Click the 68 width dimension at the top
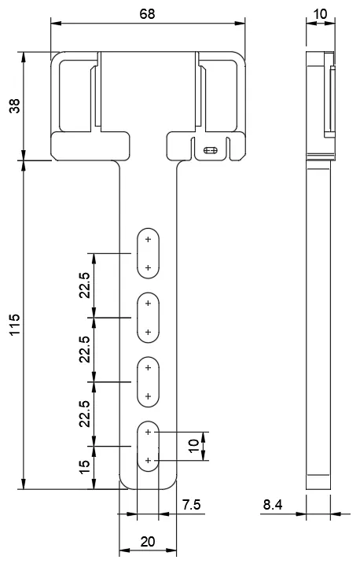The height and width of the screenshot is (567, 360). click(147, 14)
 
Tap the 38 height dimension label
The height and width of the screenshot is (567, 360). click(15, 106)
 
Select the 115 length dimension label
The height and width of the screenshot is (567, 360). click(15, 324)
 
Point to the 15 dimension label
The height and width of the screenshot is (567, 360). click(84, 467)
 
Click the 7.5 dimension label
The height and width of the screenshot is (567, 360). click(191, 504)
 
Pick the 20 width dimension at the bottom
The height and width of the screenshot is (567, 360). click(148, 542)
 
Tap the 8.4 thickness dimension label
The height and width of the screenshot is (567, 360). click(273, 504)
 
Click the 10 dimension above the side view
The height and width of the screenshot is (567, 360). click(320, 14)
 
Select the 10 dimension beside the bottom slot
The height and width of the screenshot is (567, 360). click(194, 445)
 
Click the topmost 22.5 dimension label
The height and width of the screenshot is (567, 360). click(84, 285)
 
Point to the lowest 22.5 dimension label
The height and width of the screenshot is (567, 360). click(84, 414)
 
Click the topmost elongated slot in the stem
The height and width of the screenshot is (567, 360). click(148, 253)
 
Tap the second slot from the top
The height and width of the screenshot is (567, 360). click(148, 318)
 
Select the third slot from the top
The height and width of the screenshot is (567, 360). click(148, 382)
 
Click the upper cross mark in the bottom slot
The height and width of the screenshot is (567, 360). click(148, 432)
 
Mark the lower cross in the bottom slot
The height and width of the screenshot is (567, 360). click(148, 460)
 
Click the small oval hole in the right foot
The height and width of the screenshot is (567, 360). click(211, 150)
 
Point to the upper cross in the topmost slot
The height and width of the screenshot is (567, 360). click(148, 239)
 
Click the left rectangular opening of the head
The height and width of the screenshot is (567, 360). click(75, 96)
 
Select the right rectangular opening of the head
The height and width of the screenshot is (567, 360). click(221, 96)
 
